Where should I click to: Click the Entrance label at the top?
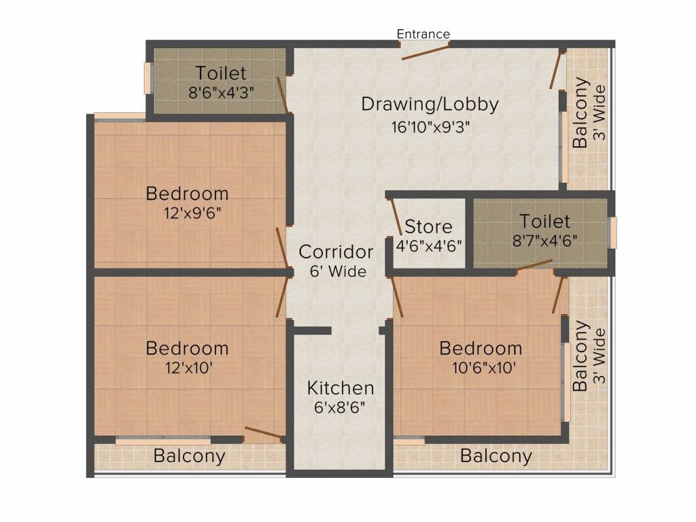[x=423, y=34]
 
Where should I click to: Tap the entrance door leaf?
[x=425, y=52]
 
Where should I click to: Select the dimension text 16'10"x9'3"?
[x=430, y=127]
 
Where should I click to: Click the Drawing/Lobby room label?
[x=430, y=104]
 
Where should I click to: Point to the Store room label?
[x=428, y=227]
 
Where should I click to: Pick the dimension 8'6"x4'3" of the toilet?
[x=221, y=92]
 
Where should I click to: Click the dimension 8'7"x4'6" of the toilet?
[x=544, y=241]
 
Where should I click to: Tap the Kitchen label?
[x=341, y=388]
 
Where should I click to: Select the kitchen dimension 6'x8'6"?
[x=340, y=407]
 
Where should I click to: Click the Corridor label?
[x=336, y=252]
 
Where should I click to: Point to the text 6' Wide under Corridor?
[x=338, y=271]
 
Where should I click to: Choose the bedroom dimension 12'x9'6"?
[x=192, y=213]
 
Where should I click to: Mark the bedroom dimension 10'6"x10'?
[x=484, y=368]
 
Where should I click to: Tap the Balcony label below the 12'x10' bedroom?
[x=190, y=456]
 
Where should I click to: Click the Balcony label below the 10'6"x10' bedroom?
[x=495, y=456]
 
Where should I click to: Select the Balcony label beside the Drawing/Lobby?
[x=580, y=113]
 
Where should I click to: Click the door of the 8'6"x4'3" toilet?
[x=283, y=94]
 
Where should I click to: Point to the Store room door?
[x=396, y=217]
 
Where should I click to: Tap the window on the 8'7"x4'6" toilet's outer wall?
[x=613, y=232]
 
